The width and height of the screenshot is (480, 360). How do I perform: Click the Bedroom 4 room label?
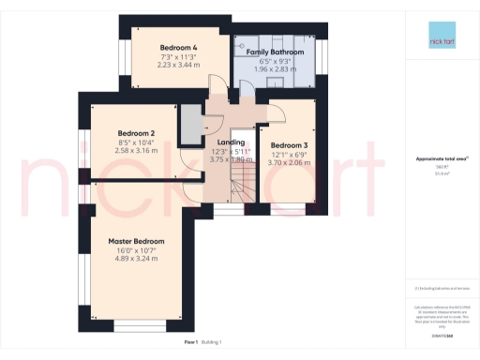point(178,47)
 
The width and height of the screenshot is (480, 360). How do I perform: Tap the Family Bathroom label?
point(276,52)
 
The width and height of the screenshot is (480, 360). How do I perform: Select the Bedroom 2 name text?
point(137,133)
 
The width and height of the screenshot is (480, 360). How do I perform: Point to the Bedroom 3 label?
point(290,145)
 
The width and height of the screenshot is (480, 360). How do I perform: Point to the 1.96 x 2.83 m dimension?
point(276,68)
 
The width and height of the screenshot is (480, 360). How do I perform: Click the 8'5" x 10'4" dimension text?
point(137,142)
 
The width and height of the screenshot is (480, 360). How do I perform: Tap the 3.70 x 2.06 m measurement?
point(290,162)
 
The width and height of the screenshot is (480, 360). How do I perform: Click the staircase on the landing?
point(238,188)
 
